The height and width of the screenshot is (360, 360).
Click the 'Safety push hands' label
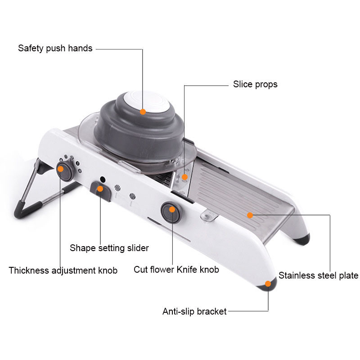[55, 48]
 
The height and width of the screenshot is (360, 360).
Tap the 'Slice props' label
[255, 84]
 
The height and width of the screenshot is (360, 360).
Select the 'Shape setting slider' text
[109, 248]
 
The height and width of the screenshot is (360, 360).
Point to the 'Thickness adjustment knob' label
[63, 270]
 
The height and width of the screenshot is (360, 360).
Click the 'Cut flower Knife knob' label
[176, 270]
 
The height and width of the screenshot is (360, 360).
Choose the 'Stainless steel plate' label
[318, 275]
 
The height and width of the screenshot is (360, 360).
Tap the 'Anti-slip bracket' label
[194, 311]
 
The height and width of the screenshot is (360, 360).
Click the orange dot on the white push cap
[143, 112]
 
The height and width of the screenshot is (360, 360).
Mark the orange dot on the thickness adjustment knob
[60, 169]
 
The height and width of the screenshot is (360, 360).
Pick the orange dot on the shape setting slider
[100, 189]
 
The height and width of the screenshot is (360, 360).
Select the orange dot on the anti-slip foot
[268, 283]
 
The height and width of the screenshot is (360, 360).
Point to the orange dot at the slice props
[184, 177]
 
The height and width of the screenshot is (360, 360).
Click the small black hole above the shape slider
[103, 179]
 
